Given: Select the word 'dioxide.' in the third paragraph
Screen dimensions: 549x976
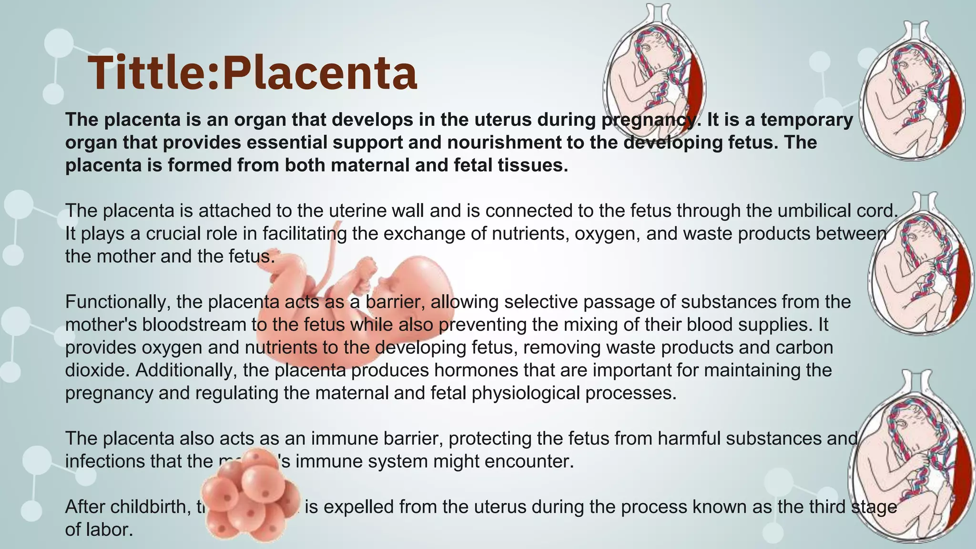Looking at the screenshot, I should click(97, 370).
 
